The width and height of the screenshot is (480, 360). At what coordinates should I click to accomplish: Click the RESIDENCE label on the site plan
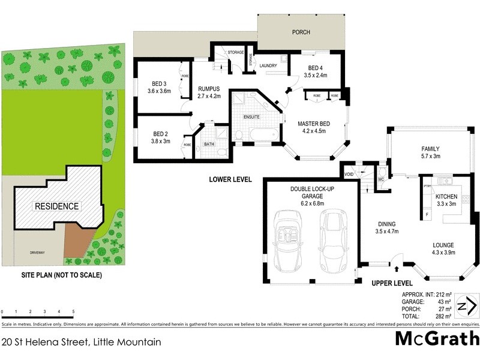point(56,206)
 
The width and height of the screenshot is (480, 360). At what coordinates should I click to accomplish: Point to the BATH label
point(209,144)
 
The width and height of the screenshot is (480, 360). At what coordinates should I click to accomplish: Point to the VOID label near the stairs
point(349,175)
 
